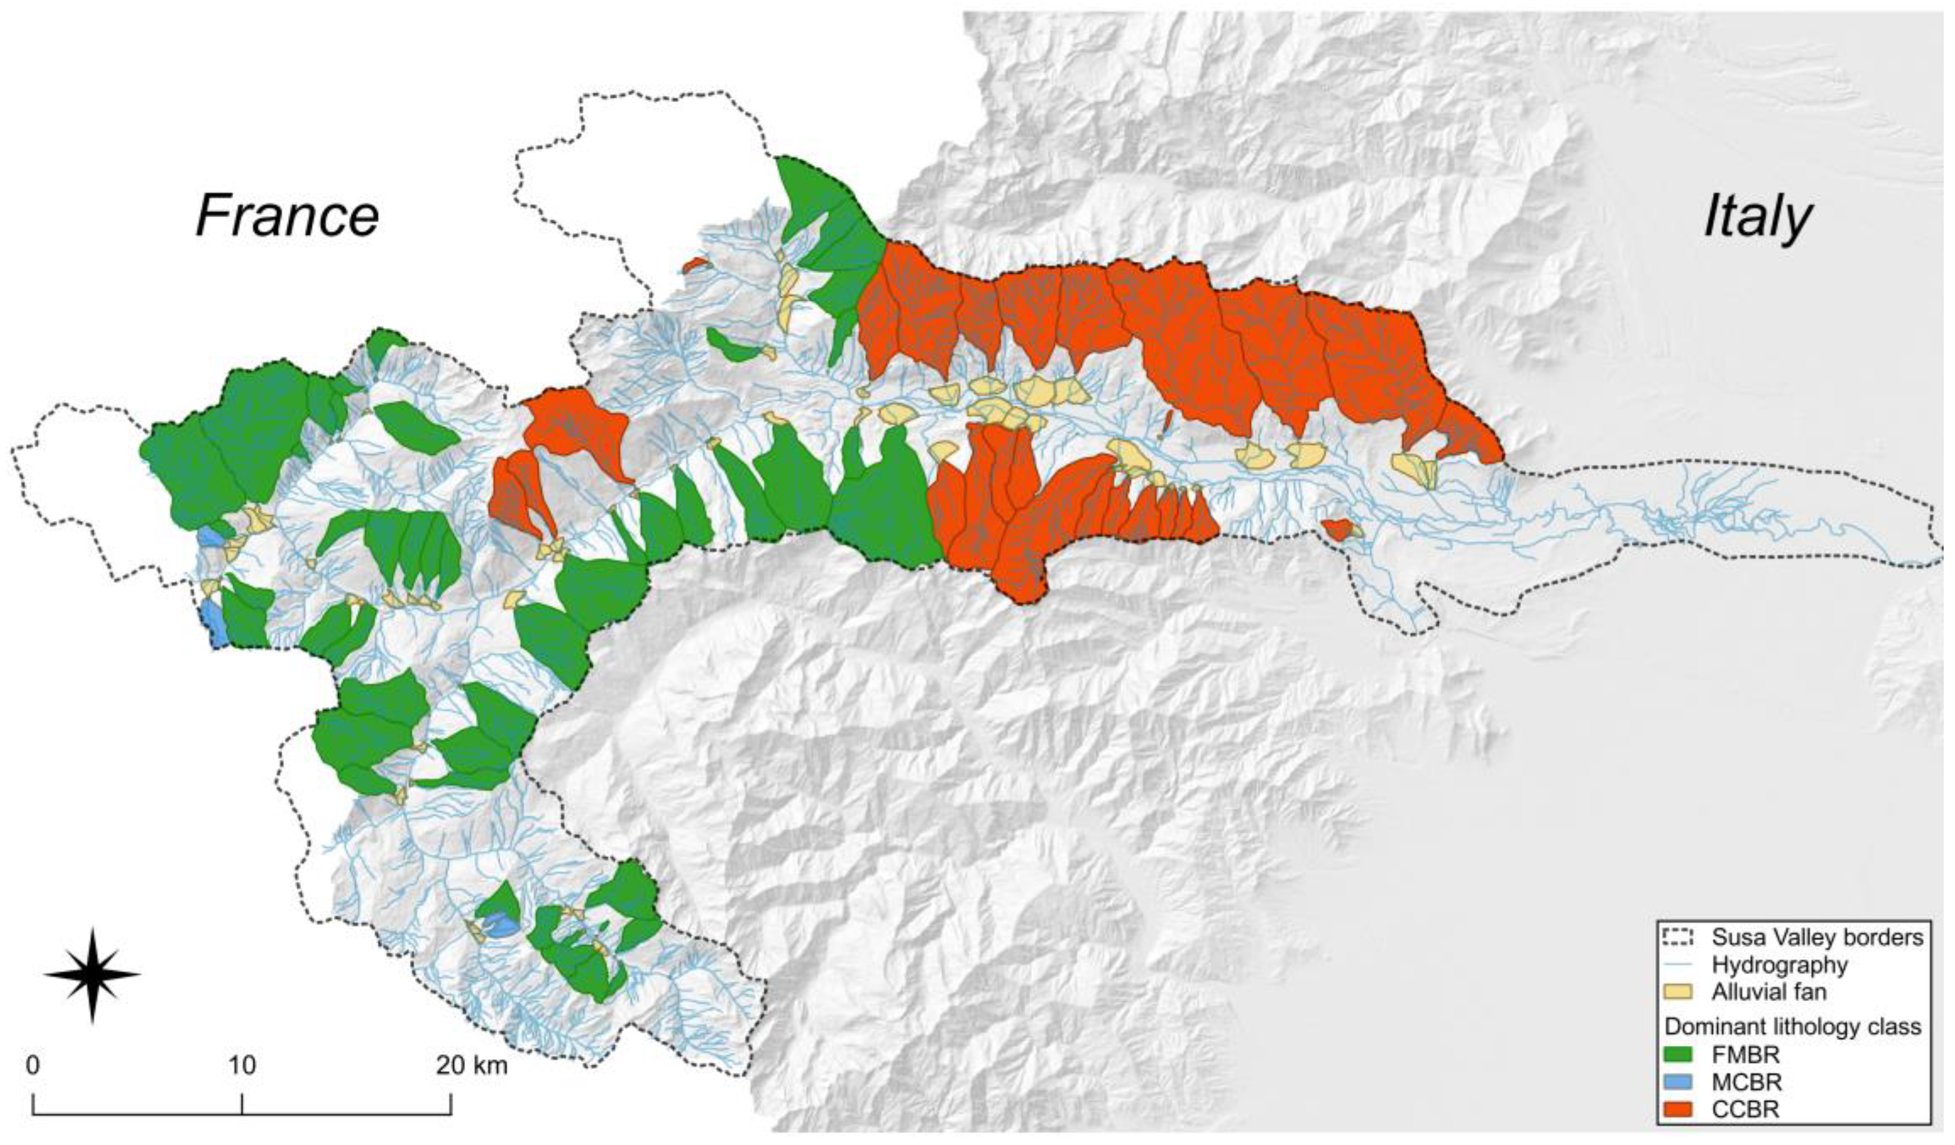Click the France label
pos(287,216)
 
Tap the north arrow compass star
pos(91,975)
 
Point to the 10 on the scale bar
pos(241,1065)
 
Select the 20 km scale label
pos(472,1065)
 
